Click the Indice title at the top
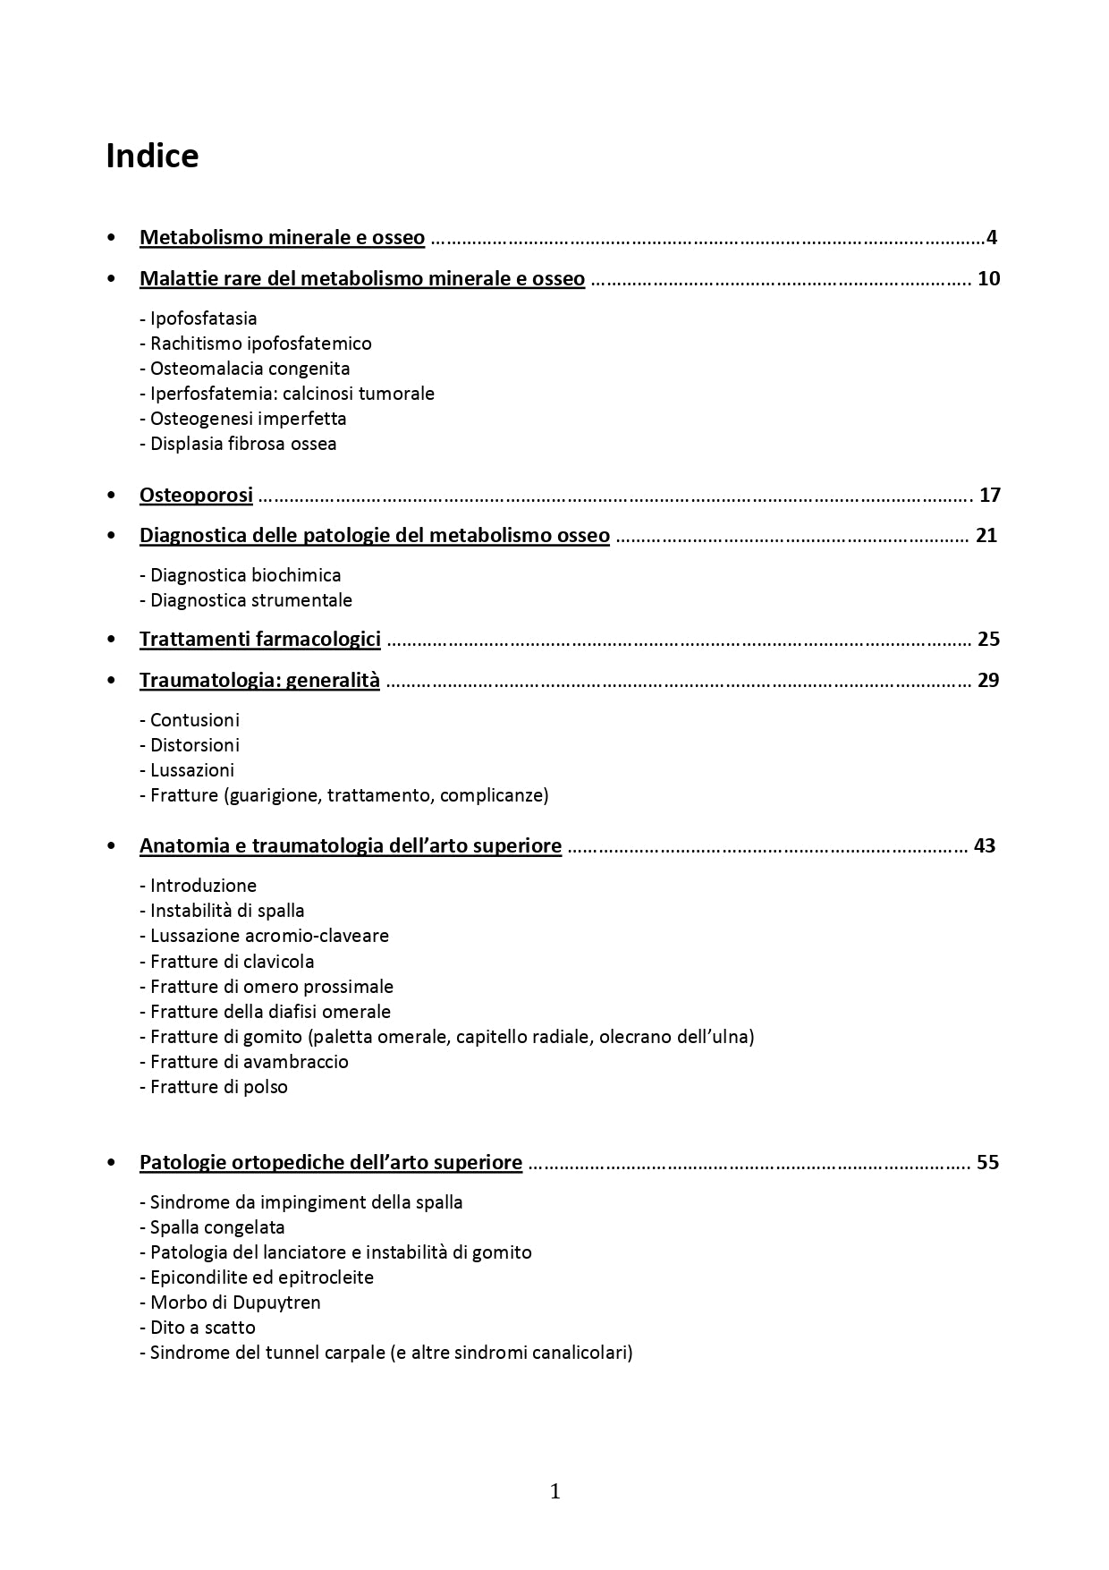click(x=152, y=157)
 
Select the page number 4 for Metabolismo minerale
click(x=991, y=238)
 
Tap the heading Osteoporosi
click(x=196, y=495)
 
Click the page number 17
click(x=989, y=495)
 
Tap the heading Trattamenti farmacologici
click(x=259, y=639)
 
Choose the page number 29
click(x=988, y=680)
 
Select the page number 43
click(x=984, y=845)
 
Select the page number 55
click(x=987, y=1162)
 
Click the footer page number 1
click(x=554, y=1491)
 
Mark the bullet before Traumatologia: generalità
click(x=111, y=680)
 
